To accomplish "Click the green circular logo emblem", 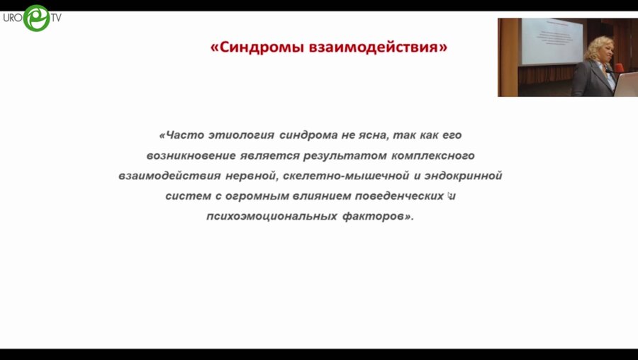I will [x=36, y=18].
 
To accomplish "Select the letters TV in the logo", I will [x=55, y=17].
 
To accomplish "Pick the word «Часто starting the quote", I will [x=181, y=134].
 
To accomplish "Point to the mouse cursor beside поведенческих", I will [x=449, y=195].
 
